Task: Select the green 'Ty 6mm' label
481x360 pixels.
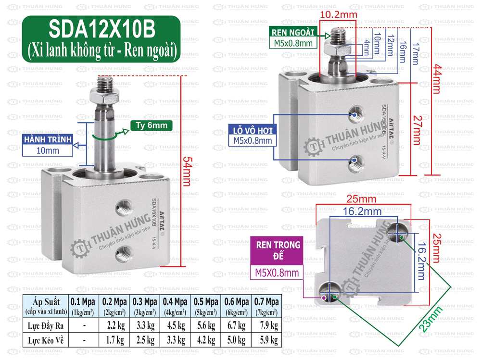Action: pyautogui.click(x=151, y=126)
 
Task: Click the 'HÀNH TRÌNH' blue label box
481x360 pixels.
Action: pyautogui.click(x=47, y=140)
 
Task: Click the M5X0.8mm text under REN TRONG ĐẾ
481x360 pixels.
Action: pyautogui.click(x=277, y=273)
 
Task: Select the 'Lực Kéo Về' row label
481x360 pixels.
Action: pyautogui.click(x=46, y=340)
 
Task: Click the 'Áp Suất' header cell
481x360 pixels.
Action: pyautogui.click(x=46, y=306)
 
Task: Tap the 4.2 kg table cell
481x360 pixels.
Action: pyautogui.click(x=206, y=340)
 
